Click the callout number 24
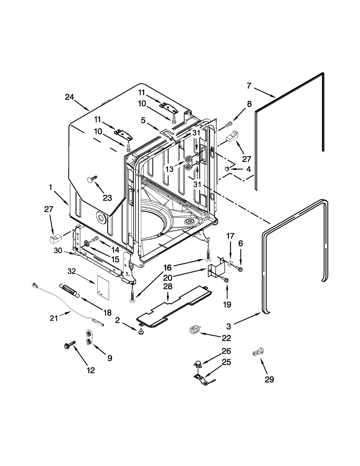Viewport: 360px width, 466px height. tap(70, 97)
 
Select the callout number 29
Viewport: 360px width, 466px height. tap(269, 379)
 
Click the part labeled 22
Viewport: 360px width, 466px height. tap(194, 330)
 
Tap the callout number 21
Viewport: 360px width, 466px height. tap(54, 318)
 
